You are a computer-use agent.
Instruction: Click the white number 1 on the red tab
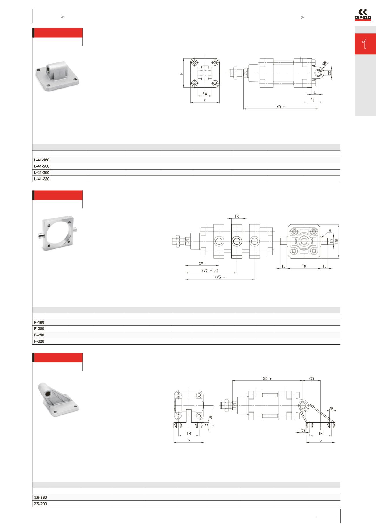click(365, 44)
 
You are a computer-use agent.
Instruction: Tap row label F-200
click(39, 329)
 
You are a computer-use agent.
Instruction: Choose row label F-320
click(39, 341)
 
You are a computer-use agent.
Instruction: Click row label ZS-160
click(40, 498)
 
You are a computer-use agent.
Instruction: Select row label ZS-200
click(40, 504)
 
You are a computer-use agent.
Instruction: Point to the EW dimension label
click(205, 94)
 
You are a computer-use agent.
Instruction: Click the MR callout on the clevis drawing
click(325, 63)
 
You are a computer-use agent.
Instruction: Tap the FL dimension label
click(312, 100)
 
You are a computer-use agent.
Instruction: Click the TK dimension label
click(237, 216)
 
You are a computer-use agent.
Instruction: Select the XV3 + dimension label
click(220, 277)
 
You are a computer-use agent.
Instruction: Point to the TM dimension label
click(304, 266)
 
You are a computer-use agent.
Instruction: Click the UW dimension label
click(336, 241)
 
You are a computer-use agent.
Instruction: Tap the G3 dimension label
click(312, 378)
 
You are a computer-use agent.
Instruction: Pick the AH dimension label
click(211, 417)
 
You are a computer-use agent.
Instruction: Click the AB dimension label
click(332, 409)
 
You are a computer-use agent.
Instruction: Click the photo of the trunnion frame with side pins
click(58, 234)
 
